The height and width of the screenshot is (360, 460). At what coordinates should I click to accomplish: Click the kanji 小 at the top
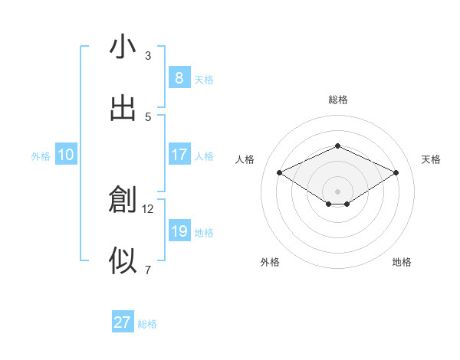point(123,47)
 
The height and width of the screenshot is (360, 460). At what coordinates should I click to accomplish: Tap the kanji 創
point(123,200)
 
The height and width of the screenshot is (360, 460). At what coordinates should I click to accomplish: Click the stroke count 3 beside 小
point(148,55)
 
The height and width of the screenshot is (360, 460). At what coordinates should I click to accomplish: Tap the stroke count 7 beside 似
point(148,270)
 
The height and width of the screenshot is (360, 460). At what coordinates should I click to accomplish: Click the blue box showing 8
point(179,77)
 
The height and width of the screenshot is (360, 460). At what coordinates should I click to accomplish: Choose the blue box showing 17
point(179,155)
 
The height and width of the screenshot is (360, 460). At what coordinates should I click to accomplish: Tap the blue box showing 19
point(179,231)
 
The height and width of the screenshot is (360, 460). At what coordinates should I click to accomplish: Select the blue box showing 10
point(66,155)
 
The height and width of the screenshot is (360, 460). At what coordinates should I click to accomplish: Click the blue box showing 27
point(122,322)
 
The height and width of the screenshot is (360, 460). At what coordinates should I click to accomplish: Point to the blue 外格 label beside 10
point(41,156)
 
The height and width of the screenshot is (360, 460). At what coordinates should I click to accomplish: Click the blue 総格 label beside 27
point(147,324)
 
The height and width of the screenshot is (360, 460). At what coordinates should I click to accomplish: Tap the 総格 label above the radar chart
point(337,100)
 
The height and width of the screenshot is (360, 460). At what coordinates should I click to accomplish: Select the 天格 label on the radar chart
point(431,159)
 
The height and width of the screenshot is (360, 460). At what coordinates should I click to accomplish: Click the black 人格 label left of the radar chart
point(245,159)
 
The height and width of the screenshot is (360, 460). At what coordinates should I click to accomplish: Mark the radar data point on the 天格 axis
point(396,173)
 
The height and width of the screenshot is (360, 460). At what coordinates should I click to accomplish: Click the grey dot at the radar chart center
point(337,191)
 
